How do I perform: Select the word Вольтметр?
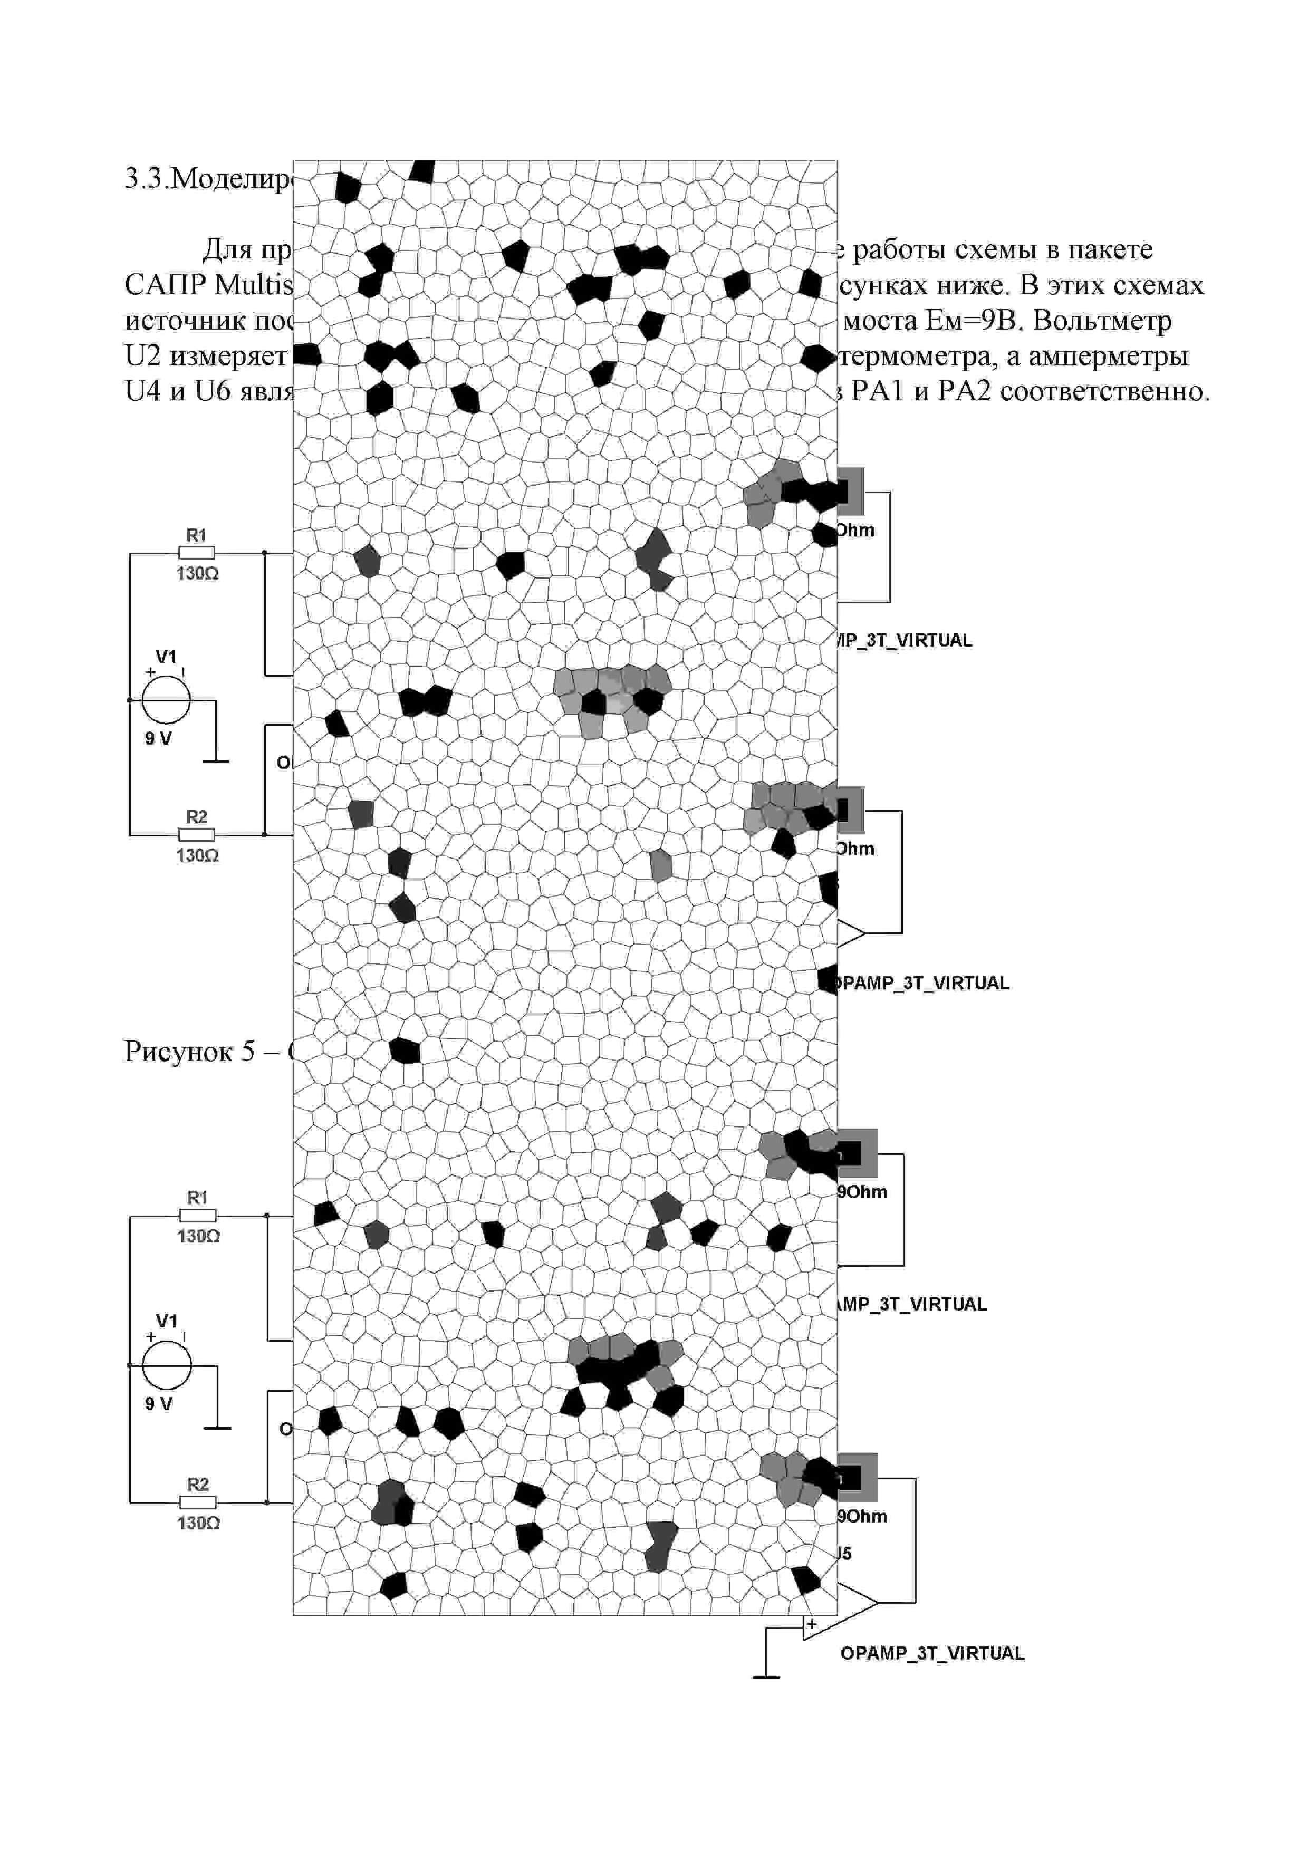point(1102,321)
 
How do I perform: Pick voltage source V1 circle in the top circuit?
point(166,700)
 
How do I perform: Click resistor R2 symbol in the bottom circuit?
point(197,1502)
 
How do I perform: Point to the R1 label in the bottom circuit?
point(197,1197)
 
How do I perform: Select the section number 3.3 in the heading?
point(142,179)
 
